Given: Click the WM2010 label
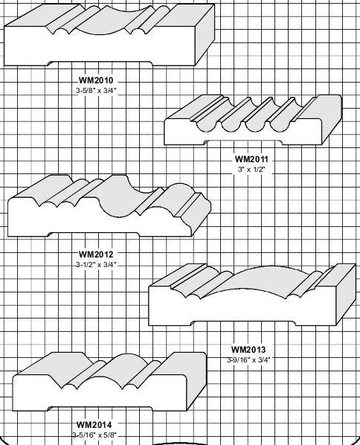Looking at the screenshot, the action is (x=96, y=80).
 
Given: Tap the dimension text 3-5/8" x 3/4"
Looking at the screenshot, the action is (x=96, y=91).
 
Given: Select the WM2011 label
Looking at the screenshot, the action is (x=251, y=159).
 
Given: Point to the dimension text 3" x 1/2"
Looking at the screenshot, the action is (x=251, y=170).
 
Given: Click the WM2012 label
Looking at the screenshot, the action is (x=96, y=254).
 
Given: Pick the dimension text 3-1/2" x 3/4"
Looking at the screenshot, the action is (x=96, y=265).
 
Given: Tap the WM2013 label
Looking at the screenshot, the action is (x=248, y=349).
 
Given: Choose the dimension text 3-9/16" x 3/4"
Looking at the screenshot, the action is (x=248, y=360).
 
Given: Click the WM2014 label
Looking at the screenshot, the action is (x=94, y=425).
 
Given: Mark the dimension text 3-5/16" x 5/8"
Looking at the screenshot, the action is (x=94, y=435).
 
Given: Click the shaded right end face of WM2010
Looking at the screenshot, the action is (x=205, y=35).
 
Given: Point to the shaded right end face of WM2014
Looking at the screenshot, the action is (x=196, y=382).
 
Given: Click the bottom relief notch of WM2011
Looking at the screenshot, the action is (x=244, y=142).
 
